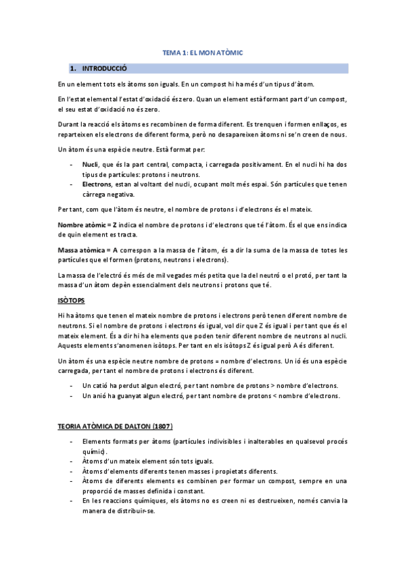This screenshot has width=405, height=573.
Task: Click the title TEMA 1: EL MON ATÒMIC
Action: click(203, 52)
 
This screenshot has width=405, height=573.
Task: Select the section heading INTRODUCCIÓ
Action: click(104, 68)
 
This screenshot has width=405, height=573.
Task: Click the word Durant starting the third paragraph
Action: click(69, 125)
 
